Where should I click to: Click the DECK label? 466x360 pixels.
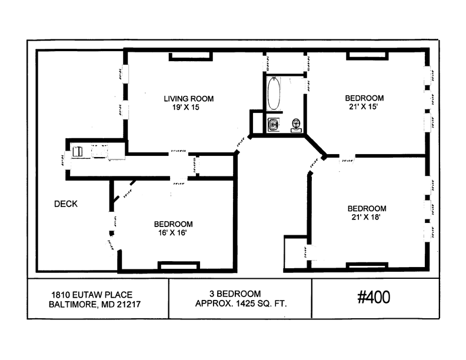tap(66, 204)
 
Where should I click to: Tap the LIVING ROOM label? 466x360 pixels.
tap(188, 99)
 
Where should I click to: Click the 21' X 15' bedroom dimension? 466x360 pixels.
tap(364, 106)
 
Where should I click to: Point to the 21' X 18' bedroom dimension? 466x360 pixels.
tap(367, 217)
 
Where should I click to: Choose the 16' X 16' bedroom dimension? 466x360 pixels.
tap(173, 232)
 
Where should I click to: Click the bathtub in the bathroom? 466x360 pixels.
tap(274, 94)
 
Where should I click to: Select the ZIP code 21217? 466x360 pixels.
tap(128, 304)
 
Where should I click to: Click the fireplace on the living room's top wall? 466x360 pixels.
tap(191, 56)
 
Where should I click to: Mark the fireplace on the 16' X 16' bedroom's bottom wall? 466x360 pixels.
tap(178, 266)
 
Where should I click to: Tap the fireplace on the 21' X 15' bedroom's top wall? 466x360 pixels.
tap(367, 56)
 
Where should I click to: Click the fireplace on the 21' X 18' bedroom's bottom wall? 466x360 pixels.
tap(367, 266)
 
